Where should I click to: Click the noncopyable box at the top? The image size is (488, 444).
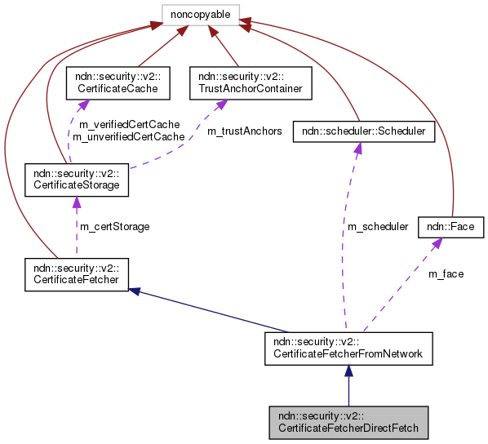(x=200, y=14)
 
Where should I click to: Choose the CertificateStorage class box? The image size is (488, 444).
(x=76, y=179)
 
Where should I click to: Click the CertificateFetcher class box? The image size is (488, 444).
(x=76, y=273)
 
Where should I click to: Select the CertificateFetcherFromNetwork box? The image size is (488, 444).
(x=348, y=348)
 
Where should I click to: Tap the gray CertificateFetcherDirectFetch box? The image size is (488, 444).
(x=348, y=420)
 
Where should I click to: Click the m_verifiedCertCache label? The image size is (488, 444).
(x=128, y=125)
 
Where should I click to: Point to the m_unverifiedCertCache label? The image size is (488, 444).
(x=128, y=137)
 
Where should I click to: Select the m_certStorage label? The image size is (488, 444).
(x=115, y=226)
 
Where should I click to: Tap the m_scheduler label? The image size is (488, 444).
(x=378, y=227)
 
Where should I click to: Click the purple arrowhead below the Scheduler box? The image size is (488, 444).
(x=356, y=148)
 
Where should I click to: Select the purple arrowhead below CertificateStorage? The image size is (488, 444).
(x=76, y=202)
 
